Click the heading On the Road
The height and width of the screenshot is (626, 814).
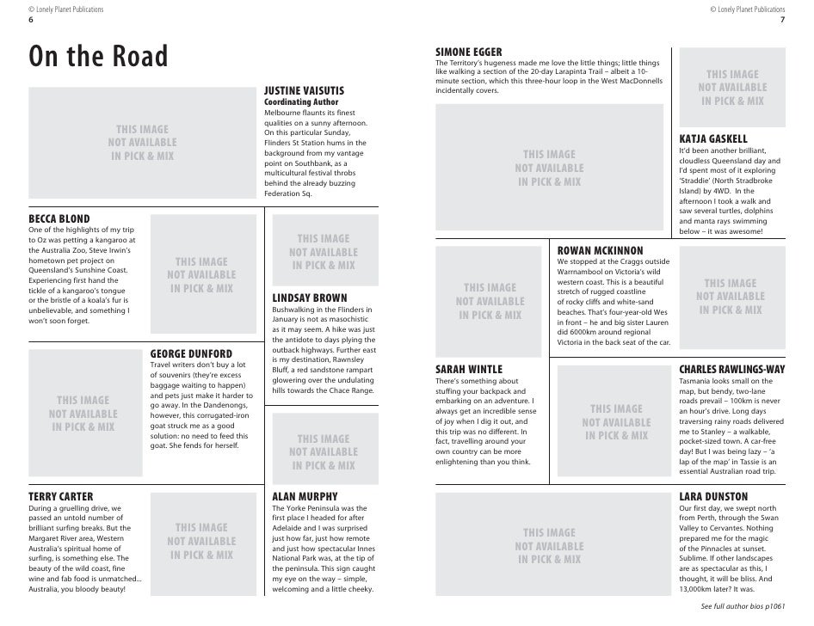99,58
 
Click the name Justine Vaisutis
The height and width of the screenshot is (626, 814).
304,90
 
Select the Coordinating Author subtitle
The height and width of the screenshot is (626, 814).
301,102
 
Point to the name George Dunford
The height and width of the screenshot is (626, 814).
191,353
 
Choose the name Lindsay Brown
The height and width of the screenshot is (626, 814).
310,298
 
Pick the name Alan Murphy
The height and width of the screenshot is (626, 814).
305,497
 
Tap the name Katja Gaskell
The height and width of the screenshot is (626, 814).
713,138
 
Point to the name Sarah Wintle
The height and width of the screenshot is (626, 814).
469,369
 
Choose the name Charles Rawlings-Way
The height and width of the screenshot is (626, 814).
731,369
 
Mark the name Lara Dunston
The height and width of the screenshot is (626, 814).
713,497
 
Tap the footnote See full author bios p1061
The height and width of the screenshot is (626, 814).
743,607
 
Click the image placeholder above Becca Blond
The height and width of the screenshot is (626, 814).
143,143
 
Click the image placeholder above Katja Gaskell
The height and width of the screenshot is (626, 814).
732,88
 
